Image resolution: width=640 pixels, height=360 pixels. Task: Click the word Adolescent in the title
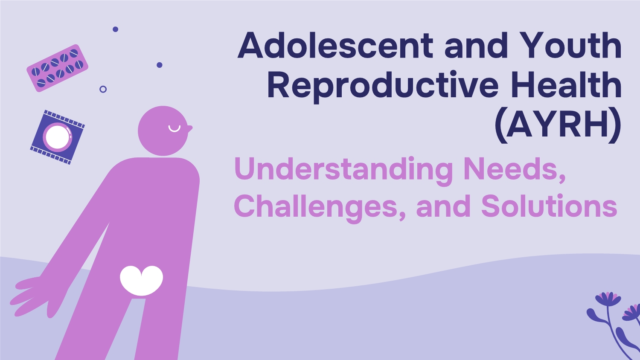coord(335,45)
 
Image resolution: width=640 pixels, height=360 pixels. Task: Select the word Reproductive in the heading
coord(383,86)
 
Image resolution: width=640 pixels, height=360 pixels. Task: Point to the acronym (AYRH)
coord(558,126)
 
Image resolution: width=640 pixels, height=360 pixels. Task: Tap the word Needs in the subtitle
coord(515,168)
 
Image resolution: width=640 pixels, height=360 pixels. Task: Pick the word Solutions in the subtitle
coord(549,205)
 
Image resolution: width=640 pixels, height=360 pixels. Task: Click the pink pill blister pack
coord(58,68)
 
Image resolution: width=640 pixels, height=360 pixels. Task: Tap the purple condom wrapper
coord(58,137)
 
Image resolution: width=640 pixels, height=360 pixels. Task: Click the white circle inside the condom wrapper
coord(58,137)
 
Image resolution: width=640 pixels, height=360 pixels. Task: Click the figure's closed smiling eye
coord(174,129)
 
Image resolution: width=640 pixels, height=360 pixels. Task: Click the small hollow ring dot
coord(103,90)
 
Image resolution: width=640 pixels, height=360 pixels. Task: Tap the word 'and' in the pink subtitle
coord(443,206)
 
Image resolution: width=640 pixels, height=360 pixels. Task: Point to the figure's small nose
coord(190,128)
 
